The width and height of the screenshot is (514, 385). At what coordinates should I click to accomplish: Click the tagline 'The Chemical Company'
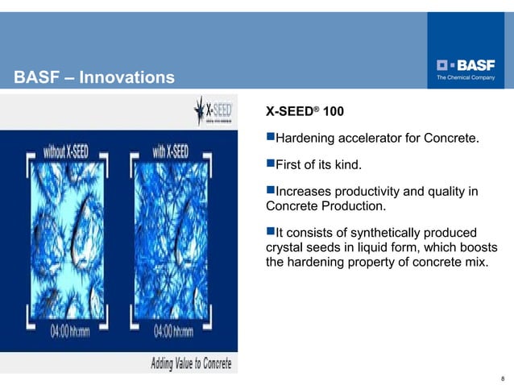click(466, 77)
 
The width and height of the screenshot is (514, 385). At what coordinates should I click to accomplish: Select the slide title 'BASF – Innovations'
click(94, 77)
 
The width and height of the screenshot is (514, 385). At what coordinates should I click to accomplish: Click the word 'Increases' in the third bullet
click(302, 192)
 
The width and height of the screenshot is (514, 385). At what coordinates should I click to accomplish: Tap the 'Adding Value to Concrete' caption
click(191, 363)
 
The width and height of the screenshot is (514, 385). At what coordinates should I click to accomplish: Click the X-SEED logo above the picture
click(214, 111)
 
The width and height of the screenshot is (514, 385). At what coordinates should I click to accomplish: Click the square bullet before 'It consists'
click(270, 233)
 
